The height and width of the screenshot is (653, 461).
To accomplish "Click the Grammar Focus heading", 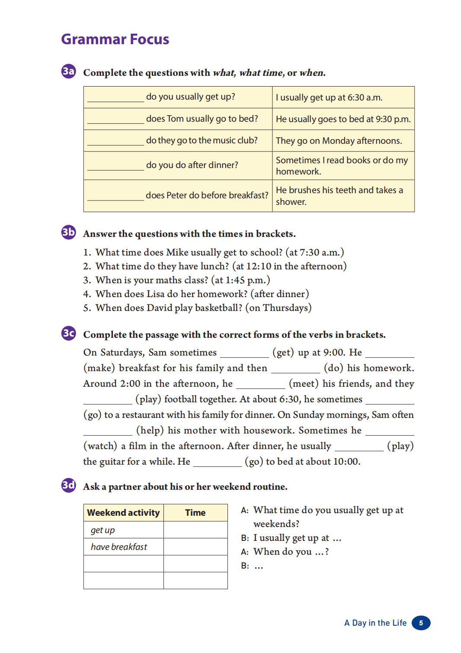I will click(115, 39).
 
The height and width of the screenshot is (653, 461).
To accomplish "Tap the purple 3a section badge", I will click(68, 71).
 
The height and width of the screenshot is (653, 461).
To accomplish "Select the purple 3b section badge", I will click(68, 232).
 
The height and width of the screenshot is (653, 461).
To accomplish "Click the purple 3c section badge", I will click(68, 333).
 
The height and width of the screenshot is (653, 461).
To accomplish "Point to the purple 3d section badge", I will click(68, 485).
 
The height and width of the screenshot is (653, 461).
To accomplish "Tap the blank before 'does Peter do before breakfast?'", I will click(115, 197).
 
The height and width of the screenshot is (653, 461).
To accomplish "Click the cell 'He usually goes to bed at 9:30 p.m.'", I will click(343, 119).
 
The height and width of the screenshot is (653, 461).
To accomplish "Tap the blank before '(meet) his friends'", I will click(260, 385).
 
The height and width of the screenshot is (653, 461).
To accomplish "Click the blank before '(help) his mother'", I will click(108, 431).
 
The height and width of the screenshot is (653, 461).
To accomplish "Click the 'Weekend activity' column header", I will click(123, 513).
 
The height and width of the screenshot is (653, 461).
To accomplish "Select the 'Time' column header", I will click(195, 513).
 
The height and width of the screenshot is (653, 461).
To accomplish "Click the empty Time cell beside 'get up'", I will click(195, 530).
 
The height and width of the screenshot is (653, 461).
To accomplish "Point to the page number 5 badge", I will click(421, 623).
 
